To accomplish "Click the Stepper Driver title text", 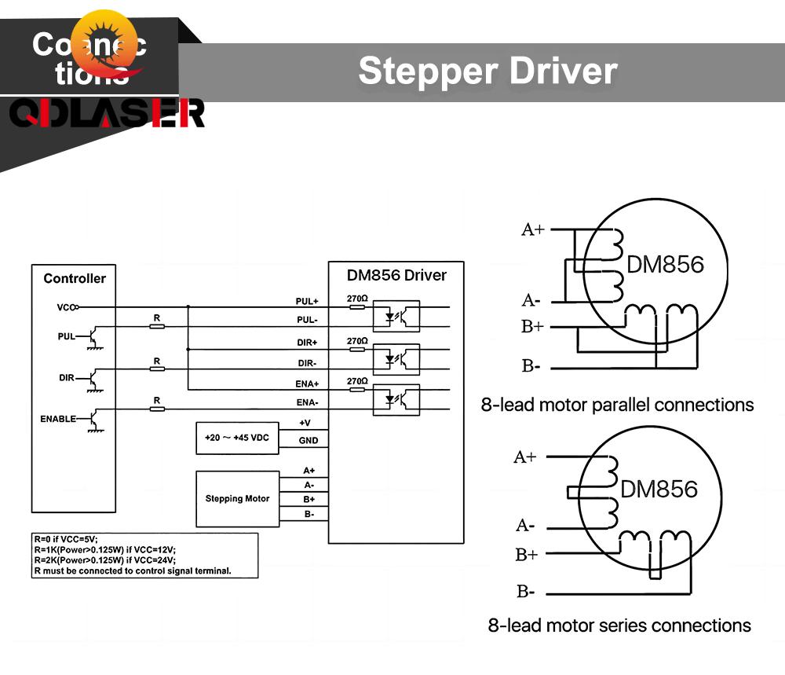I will coord(487,71).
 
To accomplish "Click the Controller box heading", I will coord(75,278).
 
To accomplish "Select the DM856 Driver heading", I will coord(396,275).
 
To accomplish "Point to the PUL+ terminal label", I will coord(306,301).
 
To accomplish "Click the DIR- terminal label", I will coord(307,363).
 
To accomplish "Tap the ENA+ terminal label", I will coord(307,383).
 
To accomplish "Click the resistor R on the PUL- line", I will coord(157,325).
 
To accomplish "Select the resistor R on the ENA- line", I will coord(157,408).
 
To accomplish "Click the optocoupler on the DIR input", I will coord(398,359).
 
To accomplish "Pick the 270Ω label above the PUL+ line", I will coord(357,299).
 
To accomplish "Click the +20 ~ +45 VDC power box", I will coord(236,438).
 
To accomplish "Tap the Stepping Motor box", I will coord(237,499).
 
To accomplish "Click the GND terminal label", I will coord(309,441).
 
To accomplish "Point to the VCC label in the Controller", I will coord(65,307).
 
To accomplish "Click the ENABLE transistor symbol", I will coord(93,418).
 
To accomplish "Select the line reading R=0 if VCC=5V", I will coord(66,538).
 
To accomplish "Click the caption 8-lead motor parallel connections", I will coord(617,405).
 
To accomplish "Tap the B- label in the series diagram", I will coord(526,592).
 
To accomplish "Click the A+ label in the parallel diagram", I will coord(533,229).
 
